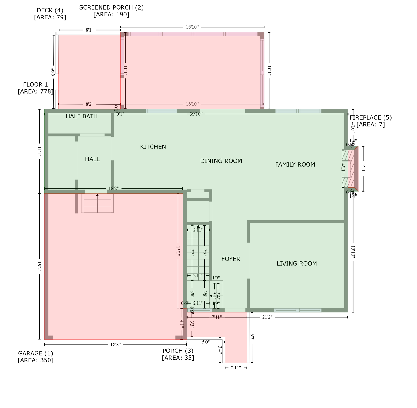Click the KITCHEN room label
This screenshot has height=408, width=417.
153,147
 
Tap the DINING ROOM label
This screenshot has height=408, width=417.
221,161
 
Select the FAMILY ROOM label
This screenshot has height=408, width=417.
295,165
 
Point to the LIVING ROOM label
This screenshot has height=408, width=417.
296,263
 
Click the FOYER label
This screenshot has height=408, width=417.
231,259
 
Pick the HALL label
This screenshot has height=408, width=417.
92,159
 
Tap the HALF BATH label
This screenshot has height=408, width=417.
81,116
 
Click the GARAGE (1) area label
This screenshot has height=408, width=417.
35,353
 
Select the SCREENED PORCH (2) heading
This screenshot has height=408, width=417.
111,7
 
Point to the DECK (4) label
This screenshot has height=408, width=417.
50,10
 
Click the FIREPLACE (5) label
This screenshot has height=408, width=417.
371,117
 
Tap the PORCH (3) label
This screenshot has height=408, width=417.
178,351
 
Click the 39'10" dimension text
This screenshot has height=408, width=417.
196,114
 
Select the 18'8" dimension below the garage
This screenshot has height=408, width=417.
115,345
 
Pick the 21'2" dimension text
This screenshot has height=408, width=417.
267,317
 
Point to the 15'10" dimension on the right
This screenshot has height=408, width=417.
353,252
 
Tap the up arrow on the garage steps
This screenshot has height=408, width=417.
97,195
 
